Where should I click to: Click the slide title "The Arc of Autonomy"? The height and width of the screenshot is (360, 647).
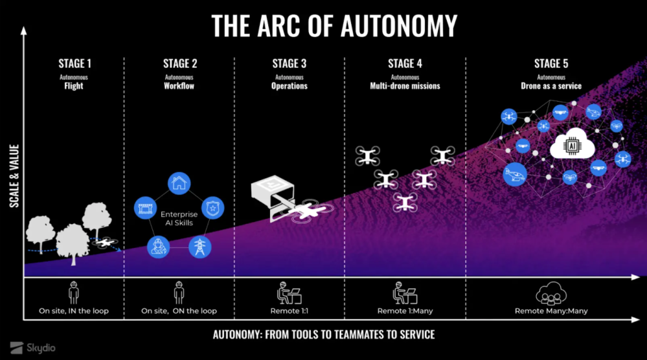(x=334, y=25)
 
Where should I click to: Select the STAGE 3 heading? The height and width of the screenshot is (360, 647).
(x=289, y=63)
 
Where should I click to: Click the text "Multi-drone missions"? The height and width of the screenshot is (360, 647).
(x=405, y=85)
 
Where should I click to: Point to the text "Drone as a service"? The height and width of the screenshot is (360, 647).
(x=551, y=85)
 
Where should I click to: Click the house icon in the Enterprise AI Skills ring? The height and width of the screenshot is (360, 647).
(x=179, y=183)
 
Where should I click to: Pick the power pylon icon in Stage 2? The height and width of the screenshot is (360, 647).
(x=199, y=246)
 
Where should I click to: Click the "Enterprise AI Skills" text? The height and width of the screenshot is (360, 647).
(x=179, y=218)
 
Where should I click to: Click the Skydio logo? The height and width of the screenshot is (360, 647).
(x=34, y=347)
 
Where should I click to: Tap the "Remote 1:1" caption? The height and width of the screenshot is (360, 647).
(x=289, y=311)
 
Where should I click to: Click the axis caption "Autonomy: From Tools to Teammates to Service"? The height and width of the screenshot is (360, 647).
(x=324, y=335)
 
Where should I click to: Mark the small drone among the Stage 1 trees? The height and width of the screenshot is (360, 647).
(x=106, y=243)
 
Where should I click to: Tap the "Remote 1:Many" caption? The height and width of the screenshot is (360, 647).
(x=405, y=311)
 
